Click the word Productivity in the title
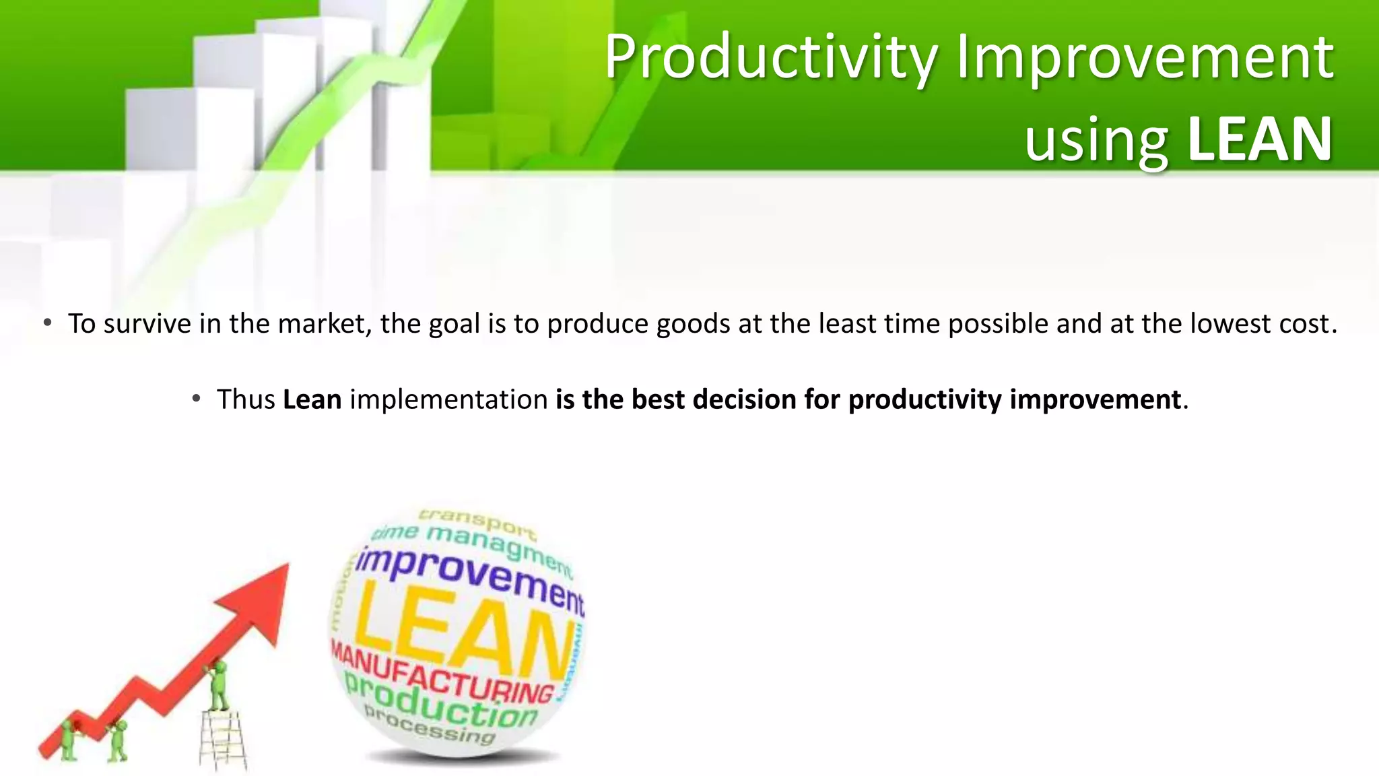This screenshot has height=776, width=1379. tap(771, 58)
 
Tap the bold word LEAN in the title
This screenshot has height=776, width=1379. tap(1259, 140)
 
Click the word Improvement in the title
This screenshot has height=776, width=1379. tap(1145, 58)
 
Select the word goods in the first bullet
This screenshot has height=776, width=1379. tap(693, 324)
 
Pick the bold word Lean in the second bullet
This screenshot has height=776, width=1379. tap(312, 399)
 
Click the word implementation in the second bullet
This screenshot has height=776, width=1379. tap(448, 399)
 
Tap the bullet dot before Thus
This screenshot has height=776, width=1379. tap(196, 399)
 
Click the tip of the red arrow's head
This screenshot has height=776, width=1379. tap(288, 564)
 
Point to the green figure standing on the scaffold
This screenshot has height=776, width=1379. tap(218, 684)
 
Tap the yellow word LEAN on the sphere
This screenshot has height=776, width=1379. tap(465, 633)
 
